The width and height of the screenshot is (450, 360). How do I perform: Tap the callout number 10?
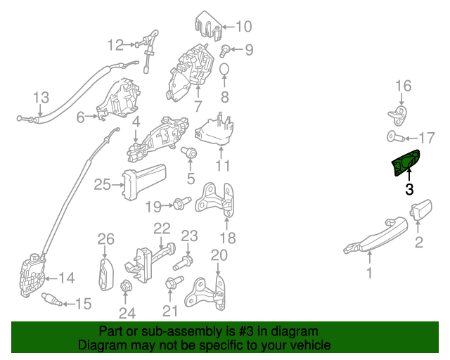click(x=243, y=27)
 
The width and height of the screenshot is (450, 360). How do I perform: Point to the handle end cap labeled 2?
click(x=420, y=210)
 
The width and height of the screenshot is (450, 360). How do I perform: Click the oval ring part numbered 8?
click(x=224, y=71)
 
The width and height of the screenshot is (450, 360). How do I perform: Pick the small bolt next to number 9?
click(x=225, y=49)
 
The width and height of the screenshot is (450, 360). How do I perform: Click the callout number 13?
click(x=41, y=97)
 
